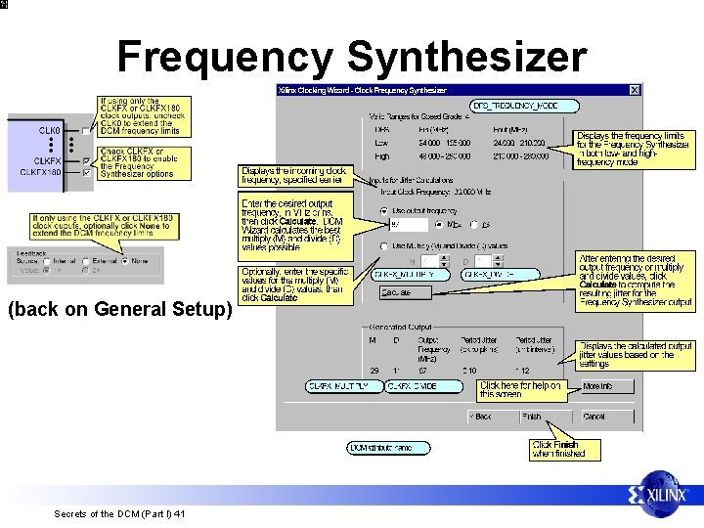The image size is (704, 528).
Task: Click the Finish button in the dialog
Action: pos(532,417)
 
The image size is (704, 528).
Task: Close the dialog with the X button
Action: pos(635,90)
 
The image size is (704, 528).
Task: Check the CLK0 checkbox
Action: pos(87,130)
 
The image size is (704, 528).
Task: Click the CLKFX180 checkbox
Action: pos(87,173)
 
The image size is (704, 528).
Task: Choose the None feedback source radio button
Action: pos(125,261)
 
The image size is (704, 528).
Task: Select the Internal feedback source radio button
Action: pos(47,261)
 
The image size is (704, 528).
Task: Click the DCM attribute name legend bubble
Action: pos(388,448)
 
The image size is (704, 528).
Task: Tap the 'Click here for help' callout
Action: pos(520,389)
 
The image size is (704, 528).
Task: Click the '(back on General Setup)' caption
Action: pos(118,310)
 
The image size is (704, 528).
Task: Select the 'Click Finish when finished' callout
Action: pos(558,449)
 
